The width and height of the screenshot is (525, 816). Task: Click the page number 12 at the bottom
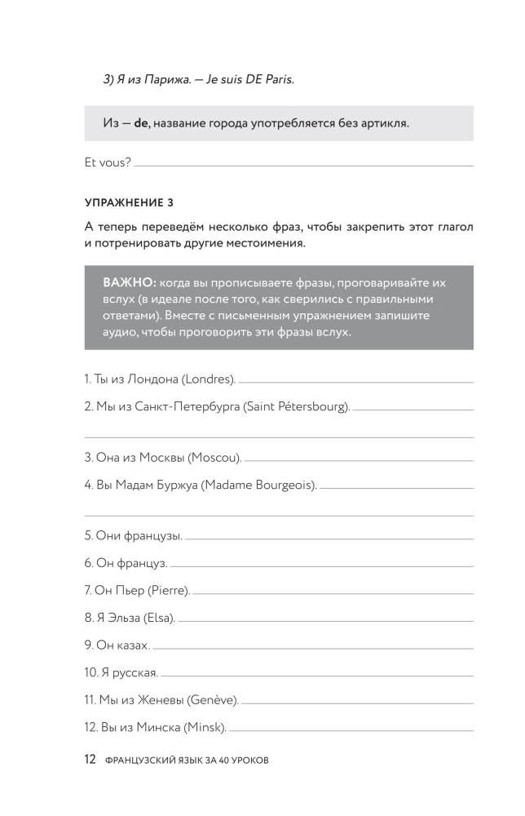click(x=90, y=759)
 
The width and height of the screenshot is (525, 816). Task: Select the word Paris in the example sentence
click(x=276, y=80)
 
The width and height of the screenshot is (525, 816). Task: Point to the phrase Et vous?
click(x=108, y=162)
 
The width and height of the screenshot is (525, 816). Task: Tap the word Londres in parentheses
click(x=207, y=379)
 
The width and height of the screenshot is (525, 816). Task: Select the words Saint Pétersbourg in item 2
click(x=295, y=406)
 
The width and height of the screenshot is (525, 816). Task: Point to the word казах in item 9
click(x=132, y=645)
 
